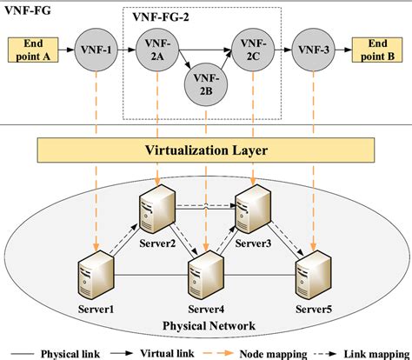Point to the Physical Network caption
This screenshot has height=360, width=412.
205,324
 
